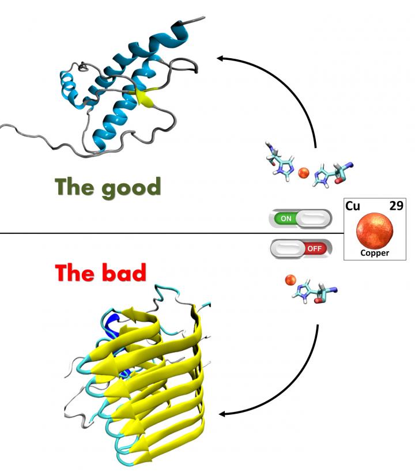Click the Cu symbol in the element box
(353, 206)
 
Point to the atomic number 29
(396, 206)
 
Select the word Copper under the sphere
(375, 253)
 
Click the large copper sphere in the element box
(375, 229)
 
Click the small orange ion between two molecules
(304, 172)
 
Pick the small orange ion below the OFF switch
(290, 280)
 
